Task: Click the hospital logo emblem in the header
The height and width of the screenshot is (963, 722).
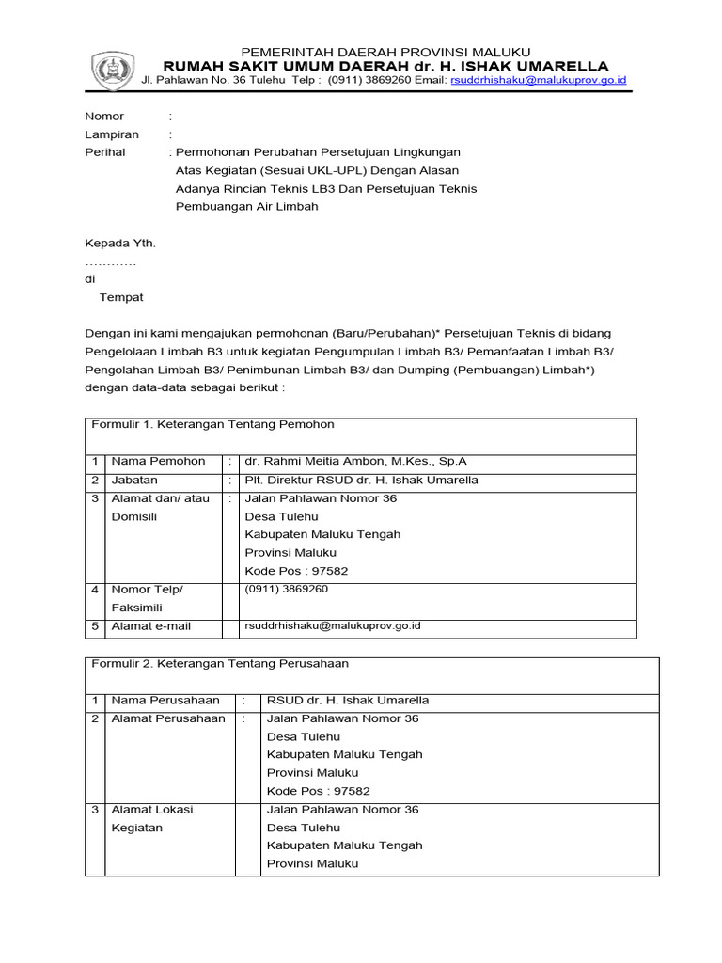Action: click(x=111, y=71)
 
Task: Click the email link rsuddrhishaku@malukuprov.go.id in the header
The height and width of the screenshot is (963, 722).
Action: click(x=539, y=81)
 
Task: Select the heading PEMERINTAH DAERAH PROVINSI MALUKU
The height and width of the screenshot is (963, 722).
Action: click(x=386, y=51)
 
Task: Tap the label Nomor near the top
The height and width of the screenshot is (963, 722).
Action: click(x=104, y=116)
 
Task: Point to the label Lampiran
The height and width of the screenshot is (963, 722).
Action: click(x=112, y=134)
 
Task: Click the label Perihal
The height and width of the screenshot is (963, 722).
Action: click(x=105, y=152)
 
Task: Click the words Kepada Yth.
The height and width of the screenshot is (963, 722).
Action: click(x=120, y=243)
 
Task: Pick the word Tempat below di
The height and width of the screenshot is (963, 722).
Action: click(x=121, y=297)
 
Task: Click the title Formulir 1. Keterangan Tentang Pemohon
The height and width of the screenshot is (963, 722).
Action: click(x=212, y=425)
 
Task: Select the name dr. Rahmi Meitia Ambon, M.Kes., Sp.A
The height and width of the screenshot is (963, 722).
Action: click(x=355, y=461)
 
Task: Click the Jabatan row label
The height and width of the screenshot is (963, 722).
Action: click(x=134, y=480)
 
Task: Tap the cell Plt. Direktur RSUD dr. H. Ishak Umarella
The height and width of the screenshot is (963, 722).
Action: click(x=361, y=480)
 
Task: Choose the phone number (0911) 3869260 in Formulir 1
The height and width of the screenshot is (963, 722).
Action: click(x=287, y=589)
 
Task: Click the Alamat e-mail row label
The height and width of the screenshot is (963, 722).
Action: click(x=150, y=625)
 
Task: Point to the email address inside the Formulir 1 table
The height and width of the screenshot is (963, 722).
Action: click(x=332, y=625)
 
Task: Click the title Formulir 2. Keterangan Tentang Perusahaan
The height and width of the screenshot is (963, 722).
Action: click(x=219, y=664)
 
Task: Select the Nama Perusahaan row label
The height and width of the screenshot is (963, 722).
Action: click(x=165, y=700)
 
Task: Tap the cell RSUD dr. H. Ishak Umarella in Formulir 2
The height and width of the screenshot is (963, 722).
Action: click(x=348, y=700)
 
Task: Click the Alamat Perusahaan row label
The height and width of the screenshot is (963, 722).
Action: click(x=168, y=718)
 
